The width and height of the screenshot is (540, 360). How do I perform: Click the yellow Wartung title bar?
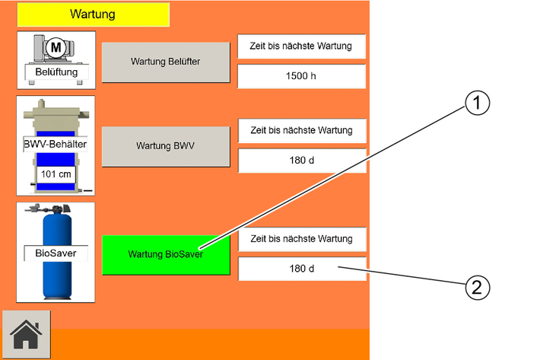(x=94, y=14)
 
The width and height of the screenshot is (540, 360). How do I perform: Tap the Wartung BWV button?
(x=166, y=146)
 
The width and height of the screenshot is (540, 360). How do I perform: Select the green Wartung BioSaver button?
(x=166, y=254)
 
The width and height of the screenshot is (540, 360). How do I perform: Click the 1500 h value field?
(x=301, y=76)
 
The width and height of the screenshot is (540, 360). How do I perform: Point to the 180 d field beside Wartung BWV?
(x=302, y=161)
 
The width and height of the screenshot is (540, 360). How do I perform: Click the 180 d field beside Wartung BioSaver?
(x=302, y=269)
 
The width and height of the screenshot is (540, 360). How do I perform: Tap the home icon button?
(x=26, y=335)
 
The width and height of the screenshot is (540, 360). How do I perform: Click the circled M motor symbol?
(x=56, y=47)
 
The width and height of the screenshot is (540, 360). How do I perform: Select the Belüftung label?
(x=56, y=72)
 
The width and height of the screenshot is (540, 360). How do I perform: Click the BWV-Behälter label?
(x=55, y=144)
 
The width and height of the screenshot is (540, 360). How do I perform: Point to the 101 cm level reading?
(x=56, y=174)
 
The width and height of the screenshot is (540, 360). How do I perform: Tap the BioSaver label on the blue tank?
(x=56, y=253)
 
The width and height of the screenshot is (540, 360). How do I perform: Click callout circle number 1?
(x=477, y=103)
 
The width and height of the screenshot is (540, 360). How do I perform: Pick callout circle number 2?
(x=478, y=287)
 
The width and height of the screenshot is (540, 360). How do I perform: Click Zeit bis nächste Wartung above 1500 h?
(x=301, y=46)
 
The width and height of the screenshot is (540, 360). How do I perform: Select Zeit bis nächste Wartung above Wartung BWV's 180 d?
(x=302, y=131)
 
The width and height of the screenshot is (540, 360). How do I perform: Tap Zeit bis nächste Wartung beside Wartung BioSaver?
(x=302, y=239)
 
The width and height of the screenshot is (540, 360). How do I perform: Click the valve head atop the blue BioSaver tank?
(x=48, y=209)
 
